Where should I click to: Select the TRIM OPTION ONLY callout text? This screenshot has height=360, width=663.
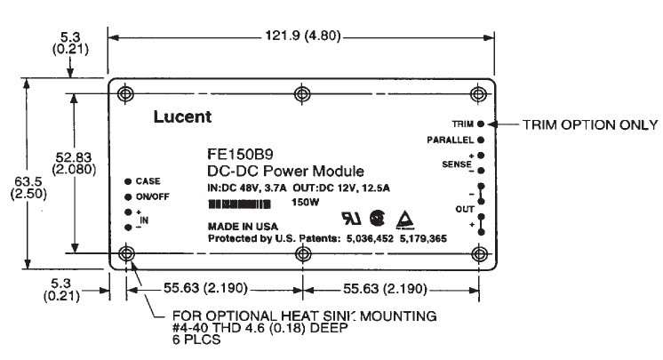589,124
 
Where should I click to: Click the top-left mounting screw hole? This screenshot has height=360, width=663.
125,92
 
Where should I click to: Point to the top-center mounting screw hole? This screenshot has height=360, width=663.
303,92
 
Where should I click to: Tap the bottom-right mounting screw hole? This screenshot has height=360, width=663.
480,255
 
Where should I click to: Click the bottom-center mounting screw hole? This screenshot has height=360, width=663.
303,255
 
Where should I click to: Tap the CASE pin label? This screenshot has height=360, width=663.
148,180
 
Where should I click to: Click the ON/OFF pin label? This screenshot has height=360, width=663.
152,196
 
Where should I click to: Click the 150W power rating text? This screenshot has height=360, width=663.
306,203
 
